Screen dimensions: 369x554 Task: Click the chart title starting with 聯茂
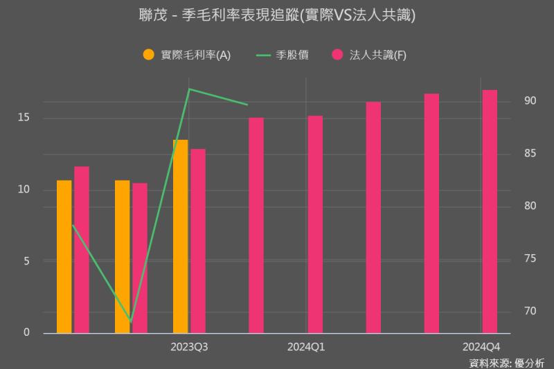[277, 15]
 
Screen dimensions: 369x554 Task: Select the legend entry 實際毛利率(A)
[186, 55]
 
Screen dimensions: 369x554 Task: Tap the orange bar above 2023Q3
[180, 236]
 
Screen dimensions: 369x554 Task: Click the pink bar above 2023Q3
[198, 241]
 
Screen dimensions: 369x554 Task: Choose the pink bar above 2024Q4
[490, 211]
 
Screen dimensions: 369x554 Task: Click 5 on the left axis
[26, 261]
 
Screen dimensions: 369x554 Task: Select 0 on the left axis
[26, 333]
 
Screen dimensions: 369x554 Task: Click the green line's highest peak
[189, 89]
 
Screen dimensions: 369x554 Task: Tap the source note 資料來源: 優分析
[507, 362]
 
